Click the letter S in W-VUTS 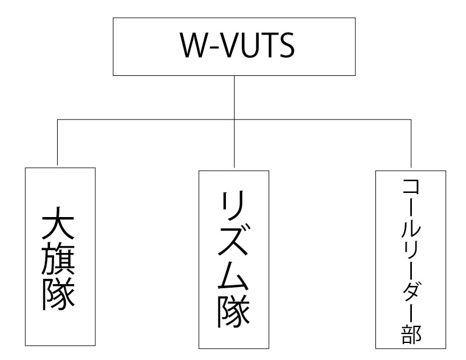(287, 45)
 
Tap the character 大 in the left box (58, 223)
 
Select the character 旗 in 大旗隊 (58, 259)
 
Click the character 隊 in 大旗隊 (58, 294)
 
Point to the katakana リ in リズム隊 (234, 206)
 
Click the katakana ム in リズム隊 (234, 275)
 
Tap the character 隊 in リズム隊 (234, 311)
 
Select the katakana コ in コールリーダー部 (411, 186)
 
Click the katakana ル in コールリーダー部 (411, 229)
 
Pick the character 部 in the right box (411, 335)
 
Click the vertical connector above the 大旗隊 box (57, 142)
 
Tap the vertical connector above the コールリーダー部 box (411, 144)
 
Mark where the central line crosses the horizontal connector (234, 119)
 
